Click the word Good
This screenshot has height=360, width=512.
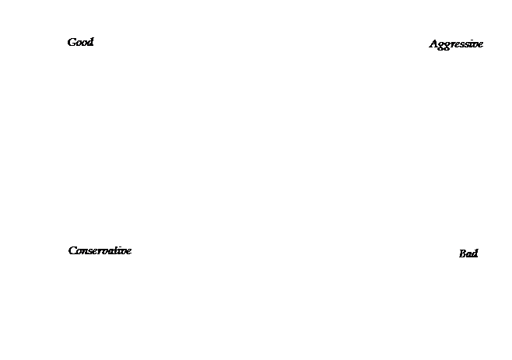[x=80, y=42]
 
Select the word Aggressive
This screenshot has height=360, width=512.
[x=456, y=44]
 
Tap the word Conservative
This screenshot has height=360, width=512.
[x=100, y=250]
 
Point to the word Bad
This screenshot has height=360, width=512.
[x=468, y=253]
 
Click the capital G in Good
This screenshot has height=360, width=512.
[x=72, y=43]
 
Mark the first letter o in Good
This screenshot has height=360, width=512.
[x=79, y=44]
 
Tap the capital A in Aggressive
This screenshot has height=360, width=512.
[x=434, y=44]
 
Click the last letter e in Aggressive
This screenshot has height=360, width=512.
[x=480, y=45]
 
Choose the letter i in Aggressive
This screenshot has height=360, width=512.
[x=472, y=44]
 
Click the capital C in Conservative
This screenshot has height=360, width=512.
[x=73, y=250]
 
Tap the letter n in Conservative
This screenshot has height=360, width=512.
[x=86, y=252]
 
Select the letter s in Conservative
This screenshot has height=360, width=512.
[x=92, y=252]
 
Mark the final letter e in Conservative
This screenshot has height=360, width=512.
[x=128, y=252]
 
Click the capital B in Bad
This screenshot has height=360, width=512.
[x=463, y=253]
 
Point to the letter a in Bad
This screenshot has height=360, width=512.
[x=469, y=255]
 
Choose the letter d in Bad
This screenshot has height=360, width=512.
[x=475, y=253]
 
